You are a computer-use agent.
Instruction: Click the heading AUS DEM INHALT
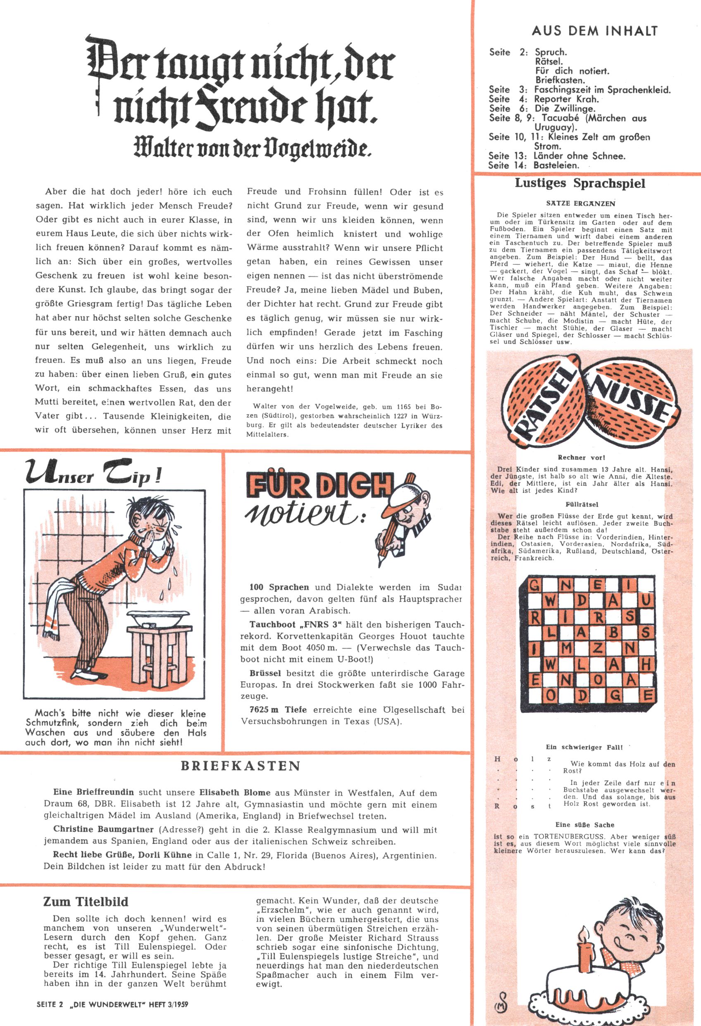[x=595, y=31]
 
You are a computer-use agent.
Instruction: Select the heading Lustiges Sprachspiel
[x=580, y=184]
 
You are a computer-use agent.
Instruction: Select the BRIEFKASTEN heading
[x=241, y=765]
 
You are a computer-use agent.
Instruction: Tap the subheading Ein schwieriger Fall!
[x=584, y=747]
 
